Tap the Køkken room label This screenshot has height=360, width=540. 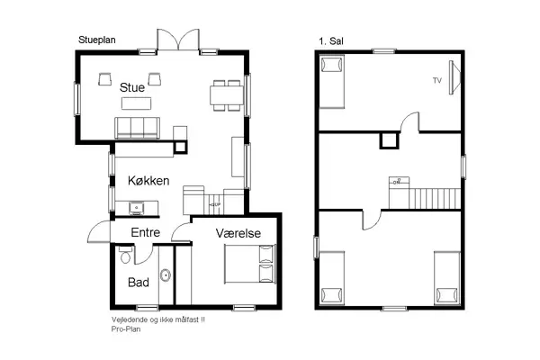coord(149,181)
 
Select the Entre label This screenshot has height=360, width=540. coord(147,233)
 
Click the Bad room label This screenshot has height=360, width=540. coord(138,283)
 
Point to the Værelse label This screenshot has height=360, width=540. coord(238,233)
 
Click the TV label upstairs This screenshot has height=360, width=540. coord(437,81)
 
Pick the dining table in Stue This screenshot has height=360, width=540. coord(224,93)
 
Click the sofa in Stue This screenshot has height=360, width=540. coord(137,128)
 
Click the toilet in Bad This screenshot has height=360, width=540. coord(126,256)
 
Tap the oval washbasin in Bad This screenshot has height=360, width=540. coord(165,275)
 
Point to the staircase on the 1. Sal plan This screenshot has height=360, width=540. coord(435,193)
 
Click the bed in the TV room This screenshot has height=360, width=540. coord(332,77)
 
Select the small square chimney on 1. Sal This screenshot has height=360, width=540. coord(389,139)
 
